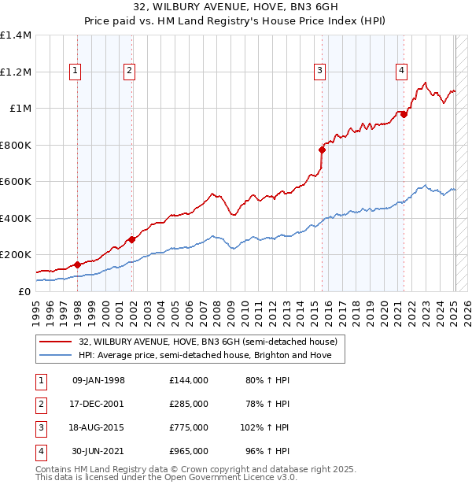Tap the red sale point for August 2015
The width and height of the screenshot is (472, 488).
pos(322,150)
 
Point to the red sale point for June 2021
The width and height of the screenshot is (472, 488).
pos(404,115)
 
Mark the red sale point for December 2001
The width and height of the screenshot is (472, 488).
pos(131,239)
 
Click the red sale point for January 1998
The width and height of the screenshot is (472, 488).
pos(78,265)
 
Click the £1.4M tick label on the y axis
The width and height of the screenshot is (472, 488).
pos(16,35)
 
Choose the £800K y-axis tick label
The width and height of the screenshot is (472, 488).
pos(16,145)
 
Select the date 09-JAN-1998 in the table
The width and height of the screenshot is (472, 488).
pos(98,380)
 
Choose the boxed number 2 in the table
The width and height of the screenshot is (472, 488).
pos(39,404)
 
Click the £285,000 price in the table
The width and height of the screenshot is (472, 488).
pos(188,404)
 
